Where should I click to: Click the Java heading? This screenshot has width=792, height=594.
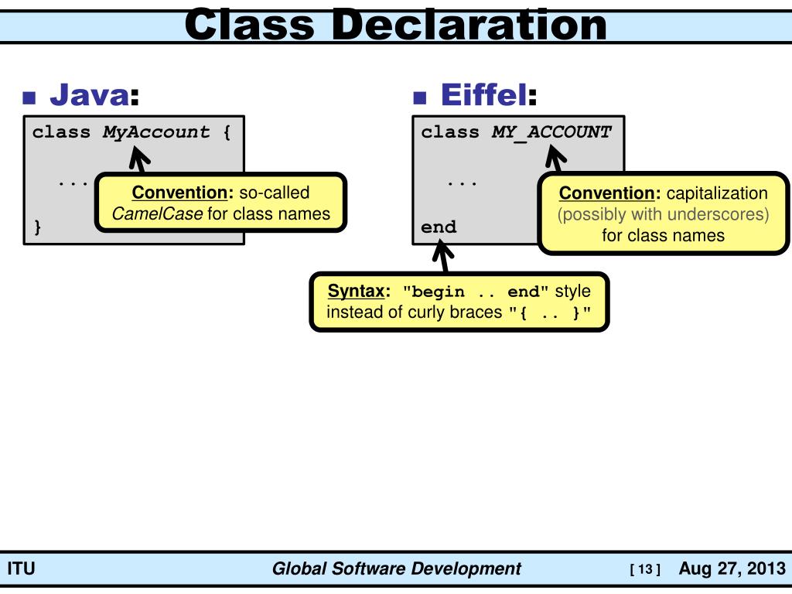(x=89, y=95)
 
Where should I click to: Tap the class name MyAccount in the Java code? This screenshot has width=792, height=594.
(x=156, y=132)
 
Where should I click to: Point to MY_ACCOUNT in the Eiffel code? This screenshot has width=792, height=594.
(x=551, y=132)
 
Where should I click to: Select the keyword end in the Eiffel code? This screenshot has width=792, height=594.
(x=439, y=227)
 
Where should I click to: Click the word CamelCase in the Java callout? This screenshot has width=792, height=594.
(x=157, y=214)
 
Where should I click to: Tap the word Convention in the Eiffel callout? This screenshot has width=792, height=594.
(x=607, y=193)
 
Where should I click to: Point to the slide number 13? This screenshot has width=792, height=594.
(x=645, y=570)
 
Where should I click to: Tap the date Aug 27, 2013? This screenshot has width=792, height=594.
(x=732, y=569)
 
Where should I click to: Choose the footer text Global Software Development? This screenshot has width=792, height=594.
(x=396, y=569)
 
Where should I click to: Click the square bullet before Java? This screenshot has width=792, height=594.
(x=30, y=98)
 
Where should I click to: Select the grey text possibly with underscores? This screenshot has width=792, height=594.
(x=664, y=214)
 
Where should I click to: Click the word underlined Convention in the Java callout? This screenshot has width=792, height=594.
(x=183, y=193)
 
